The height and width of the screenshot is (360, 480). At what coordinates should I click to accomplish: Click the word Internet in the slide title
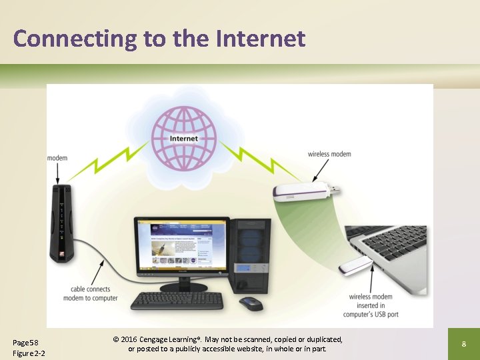[x=261, y=38]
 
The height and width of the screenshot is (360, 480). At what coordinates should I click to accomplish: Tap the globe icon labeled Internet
[x=184, y=139]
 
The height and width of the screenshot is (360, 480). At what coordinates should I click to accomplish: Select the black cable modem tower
[x=61, y=224]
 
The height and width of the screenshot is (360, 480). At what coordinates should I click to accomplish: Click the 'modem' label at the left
[x=57, y=158]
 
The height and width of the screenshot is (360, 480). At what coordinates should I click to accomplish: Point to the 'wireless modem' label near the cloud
[x=329, y=154]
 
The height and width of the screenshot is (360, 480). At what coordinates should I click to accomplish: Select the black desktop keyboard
[x=176, y=301]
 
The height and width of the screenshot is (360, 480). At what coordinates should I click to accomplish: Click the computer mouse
[x=251, y=303]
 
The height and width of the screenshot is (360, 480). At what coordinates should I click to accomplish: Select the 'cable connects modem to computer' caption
[x=91, y=293]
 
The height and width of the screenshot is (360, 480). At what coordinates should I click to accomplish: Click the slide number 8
[x=463, y=344]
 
